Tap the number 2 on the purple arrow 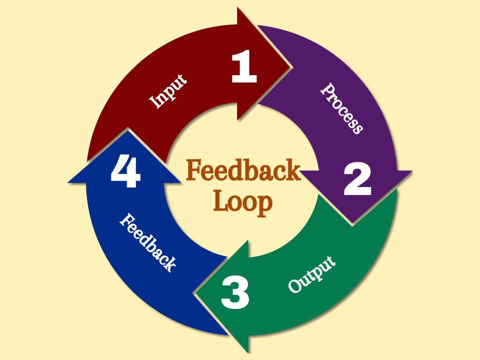[x=357, y=180]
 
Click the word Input [x=168, y=91]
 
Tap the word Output [x=312, y=275]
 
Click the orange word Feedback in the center [x=243, y=171]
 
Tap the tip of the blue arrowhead [x=125, y=131]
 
